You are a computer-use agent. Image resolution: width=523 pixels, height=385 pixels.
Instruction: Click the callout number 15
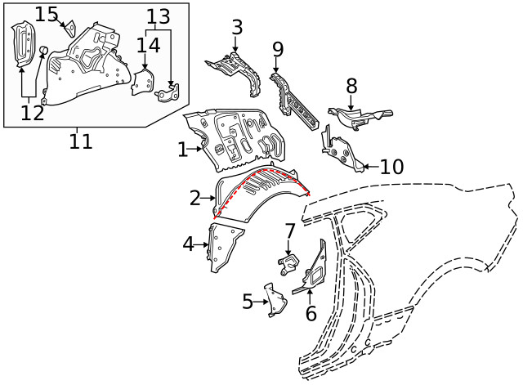pyautogui.click(x=47, y=15)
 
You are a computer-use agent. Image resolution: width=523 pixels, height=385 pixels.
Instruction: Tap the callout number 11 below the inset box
pyautogui.click(x=80, y=141)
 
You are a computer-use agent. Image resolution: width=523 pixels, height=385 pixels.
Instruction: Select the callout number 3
pyautogui.click(x=237, y=27)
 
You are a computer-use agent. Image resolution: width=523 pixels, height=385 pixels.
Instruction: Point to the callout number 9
pyautogui.click(x=278, y=49)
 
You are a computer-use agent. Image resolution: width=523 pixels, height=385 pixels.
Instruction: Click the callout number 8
pyautogui.click(x=351, y=86)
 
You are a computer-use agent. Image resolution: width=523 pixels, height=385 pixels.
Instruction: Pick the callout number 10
pyautogui.click(x=392, y=167)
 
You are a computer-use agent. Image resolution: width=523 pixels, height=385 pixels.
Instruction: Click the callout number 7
pyautogui.click(x=289, y=231)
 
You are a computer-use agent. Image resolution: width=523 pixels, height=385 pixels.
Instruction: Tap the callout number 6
pyautogui.click(x=311, y=314)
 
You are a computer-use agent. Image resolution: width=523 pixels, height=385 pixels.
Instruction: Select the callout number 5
pyautogui.click(x=248, y=302)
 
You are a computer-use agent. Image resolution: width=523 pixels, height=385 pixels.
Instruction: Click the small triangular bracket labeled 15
pyautogui.click(x=70, y=28)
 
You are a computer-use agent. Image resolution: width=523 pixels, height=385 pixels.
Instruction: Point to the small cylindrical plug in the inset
pyautogui.click(x=43, y=50)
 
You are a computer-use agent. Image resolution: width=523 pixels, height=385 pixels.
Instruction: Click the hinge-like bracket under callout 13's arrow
pyautogui.click(x=167, y=93)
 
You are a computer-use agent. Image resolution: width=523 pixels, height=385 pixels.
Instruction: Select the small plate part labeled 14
pyautogui.click(x=142, y=82)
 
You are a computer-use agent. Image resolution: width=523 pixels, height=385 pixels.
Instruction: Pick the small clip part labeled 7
pyautogui.click(x=288, y=264)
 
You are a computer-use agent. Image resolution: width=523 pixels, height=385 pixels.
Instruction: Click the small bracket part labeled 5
pyautogui.click(x=275, y=300)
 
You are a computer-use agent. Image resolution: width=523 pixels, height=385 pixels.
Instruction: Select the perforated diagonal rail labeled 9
pyautogui.click(x=293, y=101)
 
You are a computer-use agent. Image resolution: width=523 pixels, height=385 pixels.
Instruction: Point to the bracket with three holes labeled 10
pyautogui.click(x=341, y=150)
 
